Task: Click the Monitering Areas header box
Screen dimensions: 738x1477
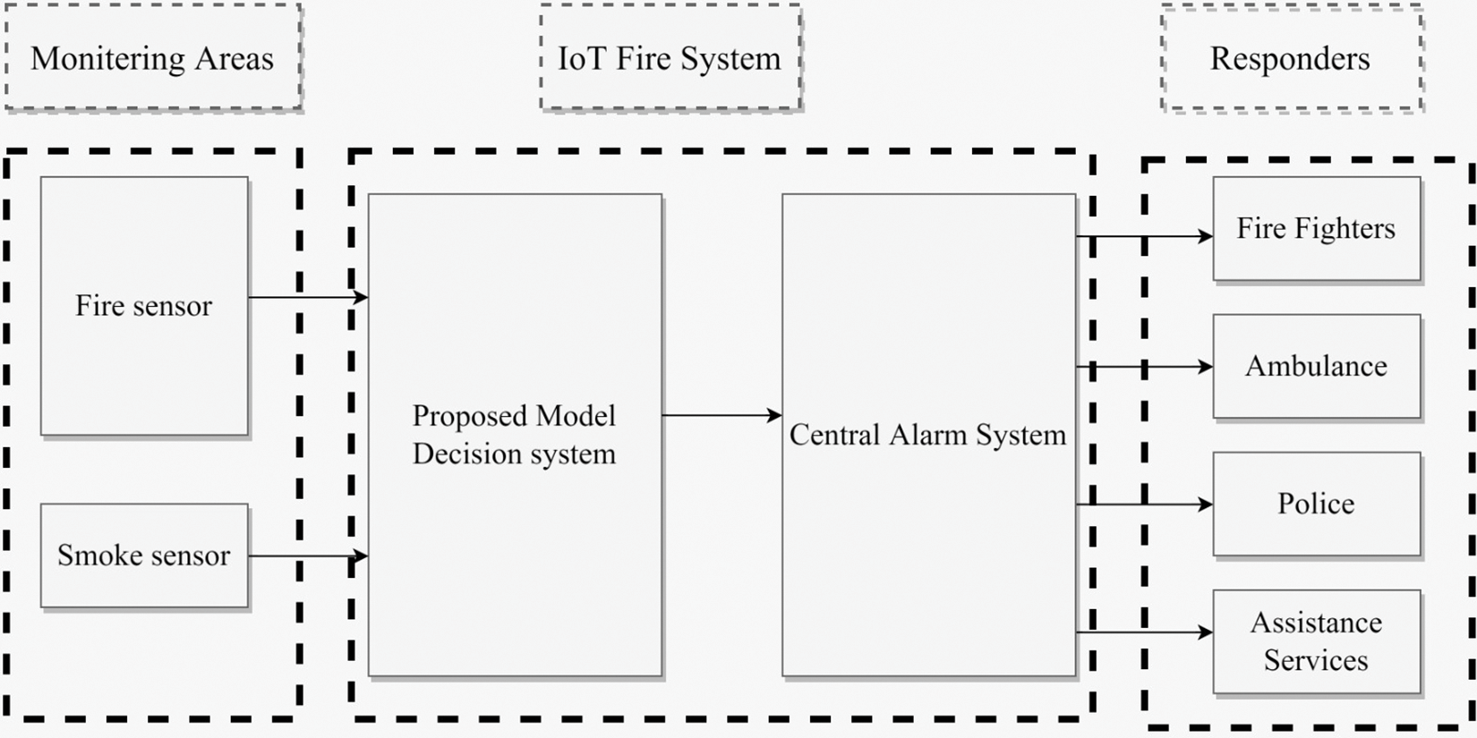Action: coord(153,58)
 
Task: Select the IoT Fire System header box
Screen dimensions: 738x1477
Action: coord(670,58)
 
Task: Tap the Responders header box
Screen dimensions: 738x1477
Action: coord(1291,58)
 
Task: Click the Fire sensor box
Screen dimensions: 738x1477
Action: coord(144,306)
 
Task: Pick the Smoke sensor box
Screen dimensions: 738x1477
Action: coord(144,556)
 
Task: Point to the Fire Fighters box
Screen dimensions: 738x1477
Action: coord(1316,229)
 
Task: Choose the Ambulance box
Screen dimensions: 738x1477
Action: coord(1316,366)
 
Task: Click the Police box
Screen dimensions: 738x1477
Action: coord(1316,504)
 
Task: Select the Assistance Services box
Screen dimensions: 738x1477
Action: coord(1316,641)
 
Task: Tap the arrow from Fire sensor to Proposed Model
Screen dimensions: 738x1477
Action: coord(308,297)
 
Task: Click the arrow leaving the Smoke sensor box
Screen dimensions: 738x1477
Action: coord(308,556)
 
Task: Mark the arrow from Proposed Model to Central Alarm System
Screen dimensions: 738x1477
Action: coord(721,415)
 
